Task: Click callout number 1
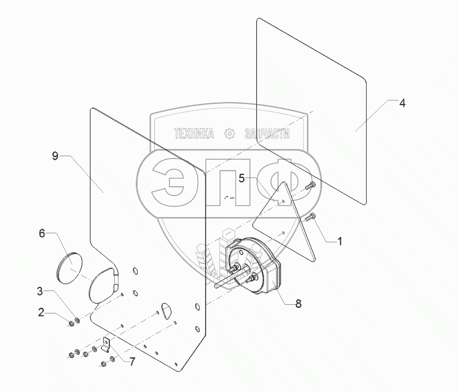click(x=339, y=241)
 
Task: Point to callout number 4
click(x=402, y=103)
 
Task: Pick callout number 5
click(x=243, y=178)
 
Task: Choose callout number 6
click(x=42, y=233)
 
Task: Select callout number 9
click(x=55, y=156)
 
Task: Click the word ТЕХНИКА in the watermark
click(x=194, y=134)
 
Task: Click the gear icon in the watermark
click(x=229, y=134)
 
